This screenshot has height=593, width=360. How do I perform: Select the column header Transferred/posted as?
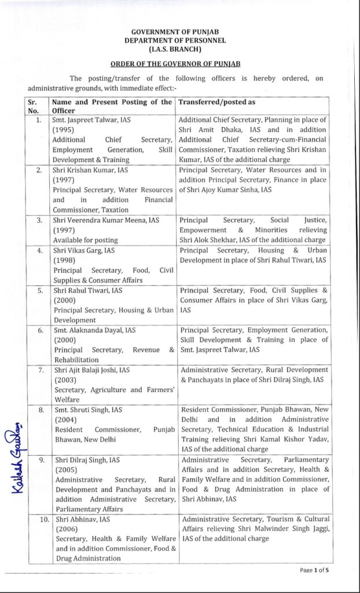(217, 102)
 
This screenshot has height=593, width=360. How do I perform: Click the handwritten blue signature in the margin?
(16, 457)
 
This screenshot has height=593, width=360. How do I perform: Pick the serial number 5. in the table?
(40, 291)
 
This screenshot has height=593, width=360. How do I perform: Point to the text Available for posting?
(85, 240)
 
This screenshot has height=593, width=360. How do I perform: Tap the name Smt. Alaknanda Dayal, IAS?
(95, 330)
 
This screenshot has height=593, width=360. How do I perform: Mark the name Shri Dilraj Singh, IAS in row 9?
(87, 460)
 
